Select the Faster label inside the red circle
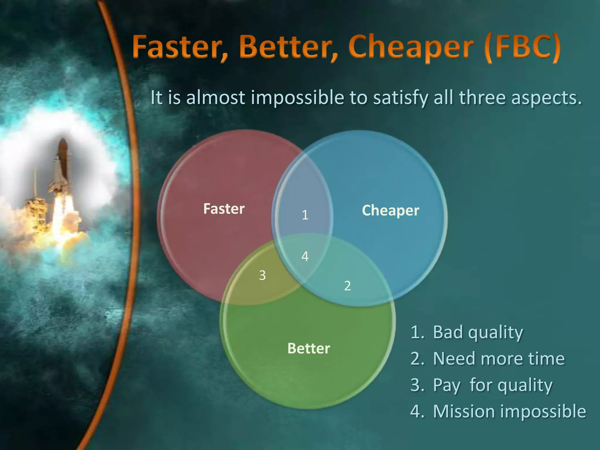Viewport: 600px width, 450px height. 224,209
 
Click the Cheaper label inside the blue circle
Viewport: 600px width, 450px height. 391,210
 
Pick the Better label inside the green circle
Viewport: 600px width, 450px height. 309,348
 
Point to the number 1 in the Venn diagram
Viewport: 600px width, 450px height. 305,215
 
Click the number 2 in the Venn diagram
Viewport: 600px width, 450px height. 347,286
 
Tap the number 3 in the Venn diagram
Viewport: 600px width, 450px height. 262,275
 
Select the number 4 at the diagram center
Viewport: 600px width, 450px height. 305,257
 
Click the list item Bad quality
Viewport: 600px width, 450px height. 478,332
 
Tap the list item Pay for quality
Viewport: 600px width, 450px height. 492,385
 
